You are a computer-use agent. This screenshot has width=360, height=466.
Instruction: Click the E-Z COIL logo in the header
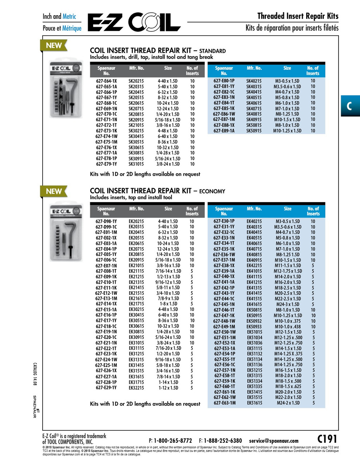(134, 23)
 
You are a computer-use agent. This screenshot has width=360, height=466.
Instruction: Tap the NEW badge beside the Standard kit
(54, 46)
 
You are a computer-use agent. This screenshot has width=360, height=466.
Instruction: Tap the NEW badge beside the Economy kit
(54, 191)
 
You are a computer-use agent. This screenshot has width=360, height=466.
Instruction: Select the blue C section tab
(350, 106)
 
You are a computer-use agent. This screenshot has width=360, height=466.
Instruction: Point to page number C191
(327, 439)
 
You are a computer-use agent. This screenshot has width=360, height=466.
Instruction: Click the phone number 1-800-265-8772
(173, 441)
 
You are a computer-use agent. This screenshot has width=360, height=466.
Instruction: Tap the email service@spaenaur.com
(273, 441)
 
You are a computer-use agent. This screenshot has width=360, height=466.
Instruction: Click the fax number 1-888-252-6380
(222, 441)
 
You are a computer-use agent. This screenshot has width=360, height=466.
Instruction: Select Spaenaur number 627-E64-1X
(106, 81)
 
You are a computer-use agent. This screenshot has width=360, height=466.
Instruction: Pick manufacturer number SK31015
(136, 164)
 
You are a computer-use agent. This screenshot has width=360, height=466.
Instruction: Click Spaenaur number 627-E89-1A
(224, 131)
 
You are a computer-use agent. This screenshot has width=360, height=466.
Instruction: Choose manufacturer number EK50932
(254, 321)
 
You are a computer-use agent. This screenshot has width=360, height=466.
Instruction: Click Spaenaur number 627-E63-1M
(224, 403)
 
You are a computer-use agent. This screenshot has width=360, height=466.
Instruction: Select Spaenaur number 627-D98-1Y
(106, 221)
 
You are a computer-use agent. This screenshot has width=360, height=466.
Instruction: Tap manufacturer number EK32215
(136, 388)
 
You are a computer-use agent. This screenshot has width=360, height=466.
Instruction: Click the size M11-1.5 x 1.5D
(288, 266)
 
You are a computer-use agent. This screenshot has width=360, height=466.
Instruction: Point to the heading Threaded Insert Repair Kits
(297, 16)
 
